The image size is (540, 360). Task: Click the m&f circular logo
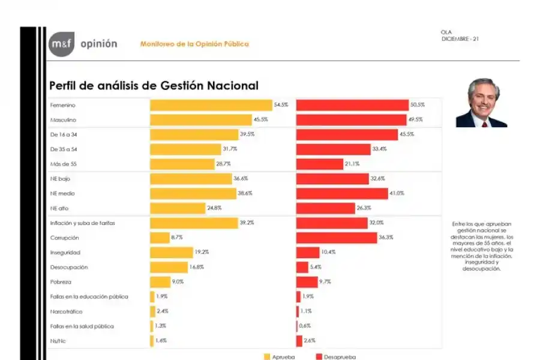click(x=61, y=44)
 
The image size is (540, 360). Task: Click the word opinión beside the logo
click(x=98, y=44)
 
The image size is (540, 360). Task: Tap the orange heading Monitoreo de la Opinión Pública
click(x=194, y=44)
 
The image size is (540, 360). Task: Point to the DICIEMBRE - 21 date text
click(x=460, y=38)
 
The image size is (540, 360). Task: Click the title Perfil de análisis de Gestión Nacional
click(x=154, y=86)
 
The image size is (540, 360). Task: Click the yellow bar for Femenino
click(x=211, y=105)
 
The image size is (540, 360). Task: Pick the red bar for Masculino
click(x=352, y=119)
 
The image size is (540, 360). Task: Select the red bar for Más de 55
click(x=319, y=164)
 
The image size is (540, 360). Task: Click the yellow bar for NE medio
click(x=193, y=193)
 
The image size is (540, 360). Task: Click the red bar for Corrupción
click(x=336, y=238)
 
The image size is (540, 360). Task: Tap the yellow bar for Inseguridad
click(x=170, y=253)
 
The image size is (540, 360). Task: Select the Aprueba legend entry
click(x=279, y=357)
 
